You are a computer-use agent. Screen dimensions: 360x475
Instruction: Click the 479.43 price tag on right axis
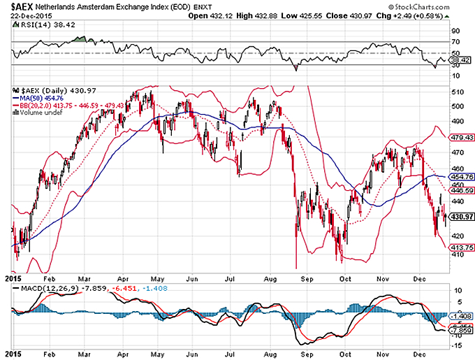click(458, 138)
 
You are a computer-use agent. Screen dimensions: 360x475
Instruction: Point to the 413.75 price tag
click(458, 247)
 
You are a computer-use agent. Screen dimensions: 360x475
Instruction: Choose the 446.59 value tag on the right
click(458, 189)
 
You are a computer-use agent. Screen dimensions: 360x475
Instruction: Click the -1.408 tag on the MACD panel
click(458, 316)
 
